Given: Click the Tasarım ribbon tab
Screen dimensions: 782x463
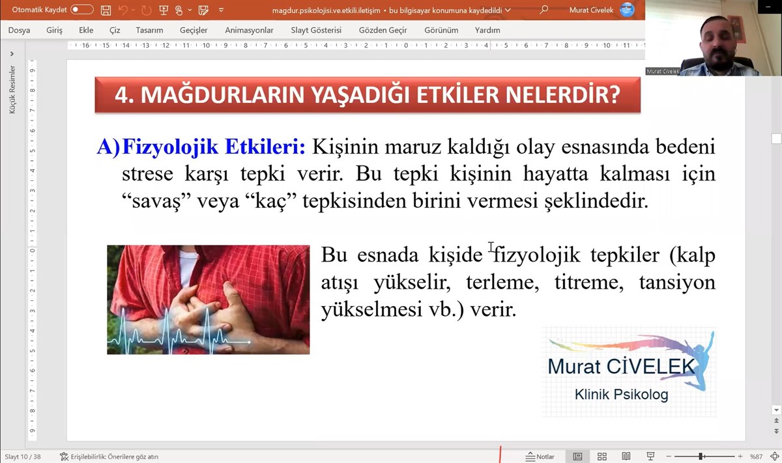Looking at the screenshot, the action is click(149, 31).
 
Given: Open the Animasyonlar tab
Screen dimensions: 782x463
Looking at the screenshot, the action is click(249, 31).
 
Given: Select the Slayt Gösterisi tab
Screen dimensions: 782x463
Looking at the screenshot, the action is click(316, 31).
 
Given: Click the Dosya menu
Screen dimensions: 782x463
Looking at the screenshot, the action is click(19, 31).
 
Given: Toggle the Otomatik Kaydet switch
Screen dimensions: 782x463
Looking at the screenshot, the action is click(81, 9).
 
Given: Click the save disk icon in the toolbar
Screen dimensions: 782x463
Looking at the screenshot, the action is click(106, 10).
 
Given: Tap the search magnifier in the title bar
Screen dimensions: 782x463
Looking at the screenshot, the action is click(543, 10).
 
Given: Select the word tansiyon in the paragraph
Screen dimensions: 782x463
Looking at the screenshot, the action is click(677, 282).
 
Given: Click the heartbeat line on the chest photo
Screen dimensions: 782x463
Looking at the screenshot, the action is click(179, 331).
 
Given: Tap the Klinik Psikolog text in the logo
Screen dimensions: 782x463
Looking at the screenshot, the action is click(622, 395).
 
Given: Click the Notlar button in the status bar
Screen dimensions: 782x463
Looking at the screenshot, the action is click(540, 456).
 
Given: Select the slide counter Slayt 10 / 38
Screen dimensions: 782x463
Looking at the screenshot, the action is click(23, 456).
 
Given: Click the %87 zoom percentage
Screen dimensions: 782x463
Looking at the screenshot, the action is click(756, 456).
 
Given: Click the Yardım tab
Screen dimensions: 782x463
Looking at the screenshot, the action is click(487, 31).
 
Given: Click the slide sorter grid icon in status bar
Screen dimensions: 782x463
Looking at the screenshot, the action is click(602, 456).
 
